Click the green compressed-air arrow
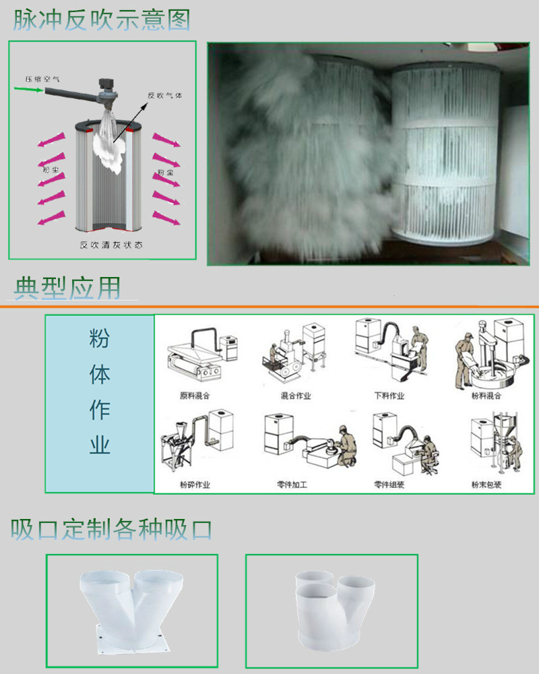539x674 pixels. click(x=29, y=88)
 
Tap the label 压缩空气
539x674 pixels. click(x=39, y=78)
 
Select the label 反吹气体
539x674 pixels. click(x=165, y=95)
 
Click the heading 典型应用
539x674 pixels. click(x=67, y=288)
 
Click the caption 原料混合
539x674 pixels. click(x=194, y=396)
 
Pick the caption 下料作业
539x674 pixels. click(x=389, y=396)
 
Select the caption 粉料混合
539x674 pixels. click(x=486, y=396)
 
